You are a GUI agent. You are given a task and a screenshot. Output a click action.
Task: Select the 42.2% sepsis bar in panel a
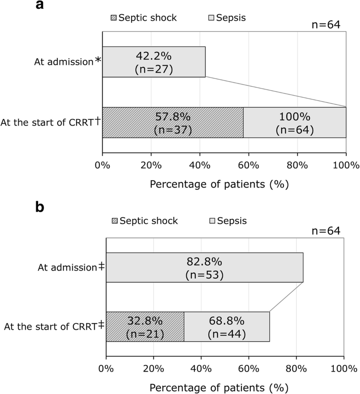tap(154, 61)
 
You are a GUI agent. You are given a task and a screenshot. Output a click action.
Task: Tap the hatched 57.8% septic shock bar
tap(172, 122)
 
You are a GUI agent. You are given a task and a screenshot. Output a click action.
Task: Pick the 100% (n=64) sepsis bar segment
tap(294, 122)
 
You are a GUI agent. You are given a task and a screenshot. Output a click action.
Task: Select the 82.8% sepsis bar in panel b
tap(204, 267)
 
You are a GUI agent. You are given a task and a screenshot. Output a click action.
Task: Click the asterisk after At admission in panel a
tap(97, 61)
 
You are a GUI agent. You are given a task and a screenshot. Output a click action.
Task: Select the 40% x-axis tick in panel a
tap(199, 165)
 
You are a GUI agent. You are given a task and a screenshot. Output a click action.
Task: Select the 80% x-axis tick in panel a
tap(297, 165)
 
